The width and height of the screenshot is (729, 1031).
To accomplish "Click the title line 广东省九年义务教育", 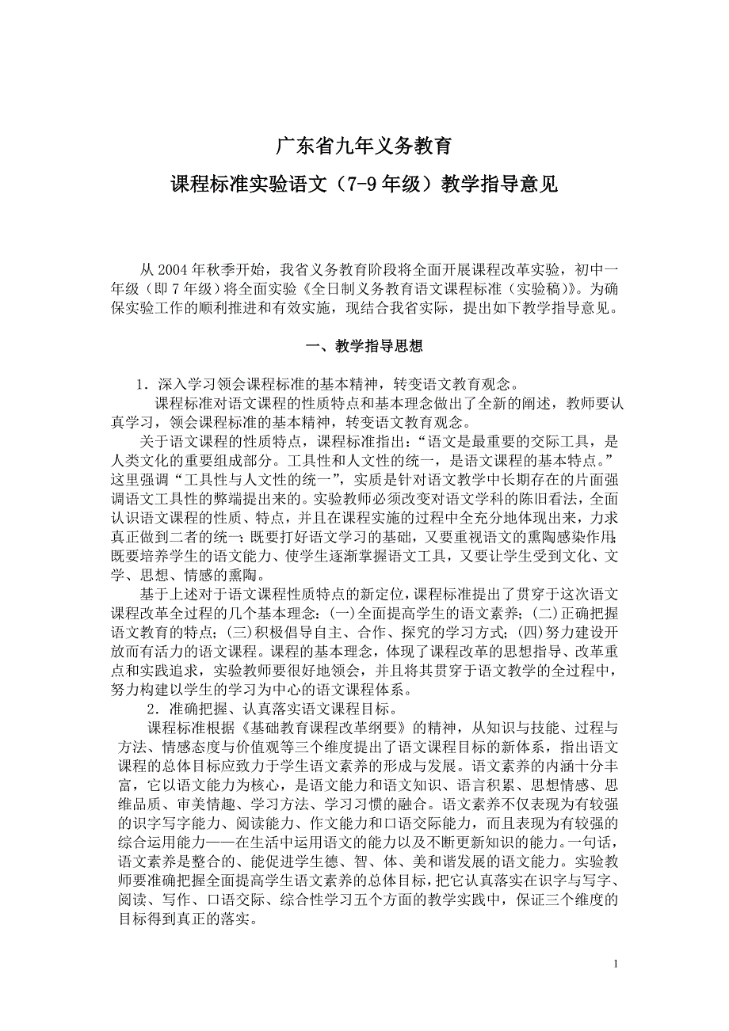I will pos(364,146).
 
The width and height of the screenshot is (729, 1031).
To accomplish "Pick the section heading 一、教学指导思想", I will pos(364,346).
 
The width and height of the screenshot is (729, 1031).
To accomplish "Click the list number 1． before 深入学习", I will pos(143,385).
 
